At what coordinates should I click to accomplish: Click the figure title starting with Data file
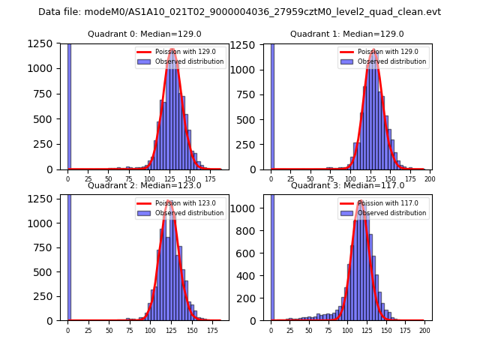tap(239, 12)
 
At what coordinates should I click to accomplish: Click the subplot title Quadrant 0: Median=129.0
tap(144, 34)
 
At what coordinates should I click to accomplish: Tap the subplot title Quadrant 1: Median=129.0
tap(346, 34)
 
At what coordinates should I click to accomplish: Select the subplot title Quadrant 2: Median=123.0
tap(144, 185)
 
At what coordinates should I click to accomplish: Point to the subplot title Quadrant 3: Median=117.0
tap(346, 185)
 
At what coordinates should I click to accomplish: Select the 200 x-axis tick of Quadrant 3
tap(424, 329)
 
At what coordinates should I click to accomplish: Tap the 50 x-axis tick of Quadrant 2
tap(109, 329)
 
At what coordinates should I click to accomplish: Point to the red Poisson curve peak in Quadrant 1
tap(373, 49)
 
